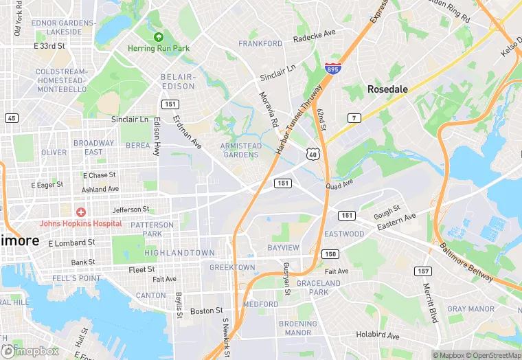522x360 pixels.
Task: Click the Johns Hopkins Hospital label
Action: (x=80, y=223)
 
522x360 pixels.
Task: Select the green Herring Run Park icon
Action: (x=159, y=37)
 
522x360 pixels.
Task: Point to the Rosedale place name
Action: (x=387, y=89)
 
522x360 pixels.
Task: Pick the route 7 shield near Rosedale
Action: (x=354, y=118)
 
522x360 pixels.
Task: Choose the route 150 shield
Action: (x=330, y=254)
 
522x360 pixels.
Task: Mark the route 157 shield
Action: (x=423, y=271)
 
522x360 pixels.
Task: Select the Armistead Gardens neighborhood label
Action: (x=240, y=150)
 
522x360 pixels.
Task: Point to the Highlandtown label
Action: (x=179, y=253)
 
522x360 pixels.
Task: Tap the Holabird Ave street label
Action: (x=378, y=336)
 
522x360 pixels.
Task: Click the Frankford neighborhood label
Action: (x=260, y=43)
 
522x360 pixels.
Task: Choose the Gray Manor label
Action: (x=470, y=309)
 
